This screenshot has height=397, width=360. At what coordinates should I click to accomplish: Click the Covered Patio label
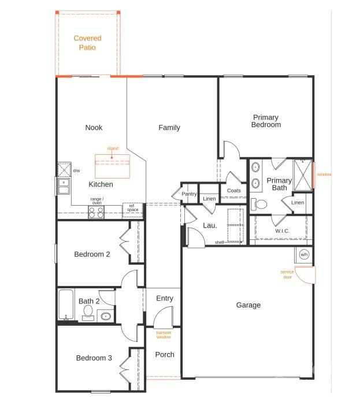click(87, 43)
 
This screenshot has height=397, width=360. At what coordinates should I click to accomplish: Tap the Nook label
click(94, 128)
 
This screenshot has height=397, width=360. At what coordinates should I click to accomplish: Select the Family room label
click(169, 128)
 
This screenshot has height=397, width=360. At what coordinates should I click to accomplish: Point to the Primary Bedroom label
click(266, 121)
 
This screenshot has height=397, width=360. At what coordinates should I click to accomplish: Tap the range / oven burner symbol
click(95, 212)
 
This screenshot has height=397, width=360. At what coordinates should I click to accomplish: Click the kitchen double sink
click(64, 186)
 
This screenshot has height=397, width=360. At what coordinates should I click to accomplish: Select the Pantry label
click(190, 194)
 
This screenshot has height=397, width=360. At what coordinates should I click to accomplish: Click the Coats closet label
click(234, 190)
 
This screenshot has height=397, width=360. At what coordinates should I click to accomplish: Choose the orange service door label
click(287, 274)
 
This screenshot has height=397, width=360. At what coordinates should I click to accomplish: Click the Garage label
click(248, 305)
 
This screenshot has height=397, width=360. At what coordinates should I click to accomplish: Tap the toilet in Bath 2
click(88, 313)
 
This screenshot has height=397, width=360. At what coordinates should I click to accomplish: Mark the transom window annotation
click(164, 335)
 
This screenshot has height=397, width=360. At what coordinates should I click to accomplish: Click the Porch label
click(165, 354)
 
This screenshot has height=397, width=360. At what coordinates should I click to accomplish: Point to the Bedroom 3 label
click(94, 358)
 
